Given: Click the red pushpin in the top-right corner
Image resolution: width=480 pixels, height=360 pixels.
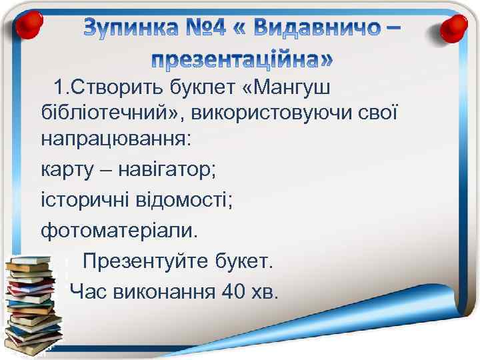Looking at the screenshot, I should click(455, 27).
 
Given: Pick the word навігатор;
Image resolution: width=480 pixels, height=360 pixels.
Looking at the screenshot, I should click(167, 169).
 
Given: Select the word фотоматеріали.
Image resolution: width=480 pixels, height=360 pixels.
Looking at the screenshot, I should click(119, 230).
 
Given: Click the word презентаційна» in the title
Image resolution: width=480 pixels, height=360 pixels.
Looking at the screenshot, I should click(240, 60).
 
